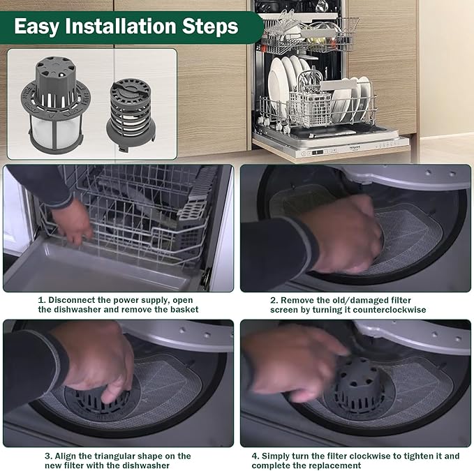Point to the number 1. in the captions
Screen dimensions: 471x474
click(42, 299)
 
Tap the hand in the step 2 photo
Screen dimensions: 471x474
click(342, 234)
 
